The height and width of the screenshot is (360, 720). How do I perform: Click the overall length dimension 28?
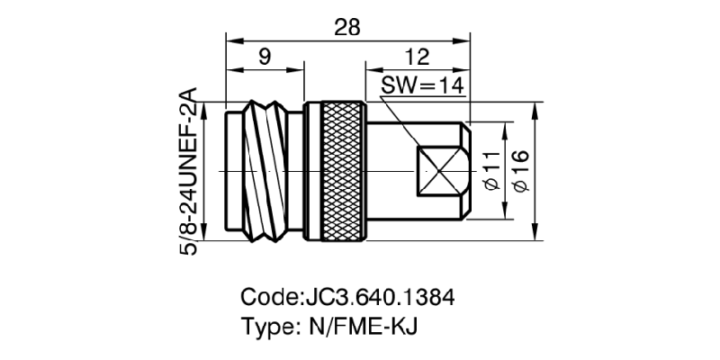pos(347,27)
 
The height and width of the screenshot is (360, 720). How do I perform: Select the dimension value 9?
pos(265,58)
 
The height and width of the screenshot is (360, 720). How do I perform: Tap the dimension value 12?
pos(416,58)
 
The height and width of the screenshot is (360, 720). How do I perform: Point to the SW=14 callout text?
pos(421,85)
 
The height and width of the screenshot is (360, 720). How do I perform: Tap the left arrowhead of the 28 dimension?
pos(230,40)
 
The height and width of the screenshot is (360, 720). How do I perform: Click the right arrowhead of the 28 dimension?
pos(465,40)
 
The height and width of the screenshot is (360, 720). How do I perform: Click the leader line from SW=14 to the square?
pos(409,126)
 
